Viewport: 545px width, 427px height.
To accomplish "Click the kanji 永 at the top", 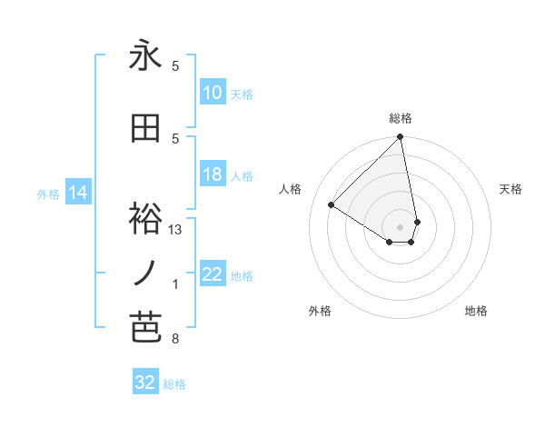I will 145,57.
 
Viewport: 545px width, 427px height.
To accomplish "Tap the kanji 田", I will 145,130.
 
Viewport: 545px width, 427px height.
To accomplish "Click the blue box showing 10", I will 213,93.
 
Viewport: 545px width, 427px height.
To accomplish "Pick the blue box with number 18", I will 213,175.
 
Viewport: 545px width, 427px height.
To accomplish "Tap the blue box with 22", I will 213,275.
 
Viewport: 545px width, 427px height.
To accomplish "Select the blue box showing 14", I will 77,193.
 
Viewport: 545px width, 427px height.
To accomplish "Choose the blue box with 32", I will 145,382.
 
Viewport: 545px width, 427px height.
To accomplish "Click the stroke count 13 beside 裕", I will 175,230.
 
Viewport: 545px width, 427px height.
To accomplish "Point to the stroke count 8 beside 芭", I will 175,340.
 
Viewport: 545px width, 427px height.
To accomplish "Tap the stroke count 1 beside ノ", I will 175,284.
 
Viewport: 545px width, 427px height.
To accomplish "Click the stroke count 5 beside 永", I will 175,65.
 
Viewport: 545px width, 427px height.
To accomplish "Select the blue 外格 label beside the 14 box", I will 47,194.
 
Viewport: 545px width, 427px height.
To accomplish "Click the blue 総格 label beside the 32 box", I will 174,384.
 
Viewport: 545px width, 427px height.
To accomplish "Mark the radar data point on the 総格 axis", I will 400,138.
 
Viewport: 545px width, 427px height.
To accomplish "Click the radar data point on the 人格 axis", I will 332,204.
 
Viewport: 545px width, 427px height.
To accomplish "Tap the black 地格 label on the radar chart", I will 476,311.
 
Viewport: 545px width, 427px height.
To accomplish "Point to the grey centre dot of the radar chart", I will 400,225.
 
